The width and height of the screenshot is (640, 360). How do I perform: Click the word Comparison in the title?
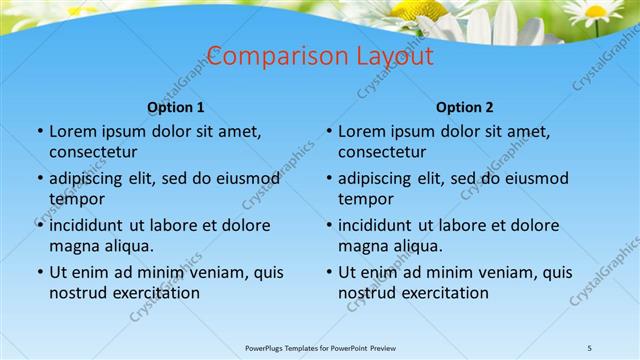pos(271,56)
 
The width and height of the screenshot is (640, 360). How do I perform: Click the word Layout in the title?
pos(390,56)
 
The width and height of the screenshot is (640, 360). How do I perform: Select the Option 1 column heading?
pos(176,107)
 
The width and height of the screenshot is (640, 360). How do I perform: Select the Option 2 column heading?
pos(465,107)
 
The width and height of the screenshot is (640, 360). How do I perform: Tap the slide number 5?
pos(590,347)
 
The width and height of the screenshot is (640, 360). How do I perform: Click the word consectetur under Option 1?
pos(93,152)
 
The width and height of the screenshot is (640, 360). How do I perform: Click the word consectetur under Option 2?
pos(382,152)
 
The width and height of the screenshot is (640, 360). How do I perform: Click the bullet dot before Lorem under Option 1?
pos(39,131)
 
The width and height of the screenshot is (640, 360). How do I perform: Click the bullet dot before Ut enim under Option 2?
pos(328,272)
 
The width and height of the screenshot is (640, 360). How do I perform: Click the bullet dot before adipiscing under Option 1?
pos(39,178)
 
